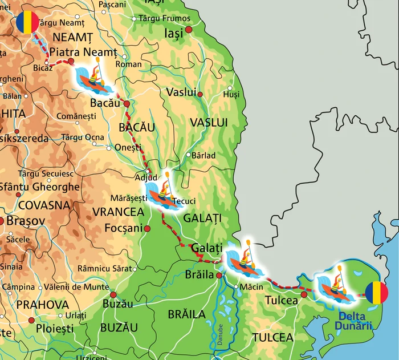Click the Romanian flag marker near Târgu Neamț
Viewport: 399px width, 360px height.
(x=27, y=23)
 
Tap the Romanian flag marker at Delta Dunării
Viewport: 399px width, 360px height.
(x=376, y=293)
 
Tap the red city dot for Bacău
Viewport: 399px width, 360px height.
(x=127, y=104)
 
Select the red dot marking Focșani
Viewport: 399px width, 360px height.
(x=147, y=228)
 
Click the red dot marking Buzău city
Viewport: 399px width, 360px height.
(x=113, y=295)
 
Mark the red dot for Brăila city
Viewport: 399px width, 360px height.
(x=219, y=275)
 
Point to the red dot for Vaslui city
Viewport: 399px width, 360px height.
(x=200, y=94)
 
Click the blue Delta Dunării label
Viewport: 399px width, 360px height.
(x=354, y=321)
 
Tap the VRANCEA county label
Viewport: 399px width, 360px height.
(x=118, y=212)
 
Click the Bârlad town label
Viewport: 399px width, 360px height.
(x=203, y=155)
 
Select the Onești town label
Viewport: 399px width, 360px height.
(x=128, y=147)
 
